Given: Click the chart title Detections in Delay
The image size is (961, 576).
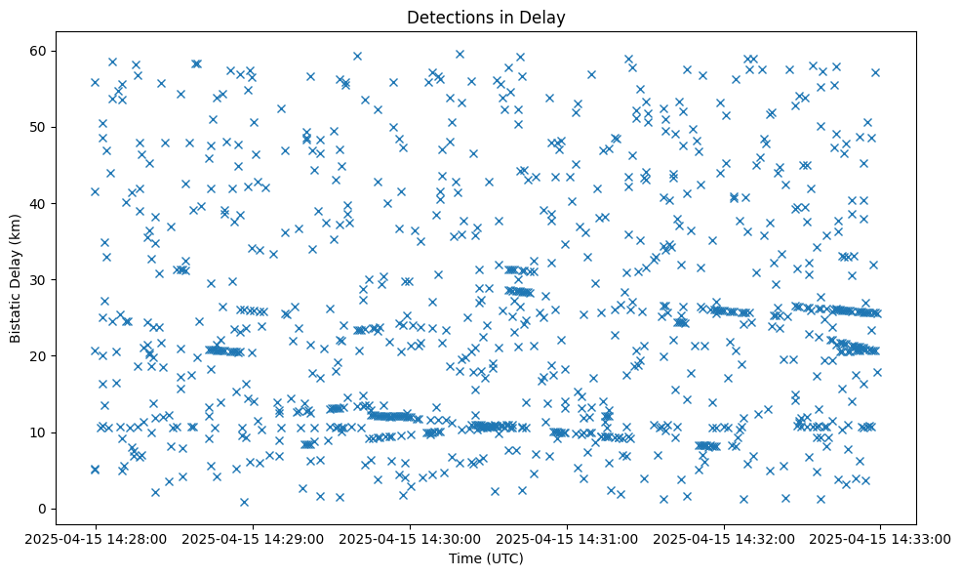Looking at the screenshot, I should [x=486, y=17].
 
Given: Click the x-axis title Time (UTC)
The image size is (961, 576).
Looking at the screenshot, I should [x=486, y=559].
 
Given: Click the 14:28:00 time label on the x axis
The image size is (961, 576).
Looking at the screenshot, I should [x=95, y=538].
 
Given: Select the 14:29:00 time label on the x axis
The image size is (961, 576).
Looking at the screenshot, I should [x=252, y=538].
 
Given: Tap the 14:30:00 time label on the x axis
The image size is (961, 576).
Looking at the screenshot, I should [x=409, y=538].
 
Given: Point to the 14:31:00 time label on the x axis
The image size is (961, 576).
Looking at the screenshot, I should [x=566, y=538].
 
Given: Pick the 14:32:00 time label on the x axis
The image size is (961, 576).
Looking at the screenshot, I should [x=723, y=538].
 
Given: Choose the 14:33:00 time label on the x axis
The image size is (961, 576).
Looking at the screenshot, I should [x=880, y=538].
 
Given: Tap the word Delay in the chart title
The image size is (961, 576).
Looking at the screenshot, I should [x=546, y=17].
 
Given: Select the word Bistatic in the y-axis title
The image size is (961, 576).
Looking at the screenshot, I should [x=16, y=310].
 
